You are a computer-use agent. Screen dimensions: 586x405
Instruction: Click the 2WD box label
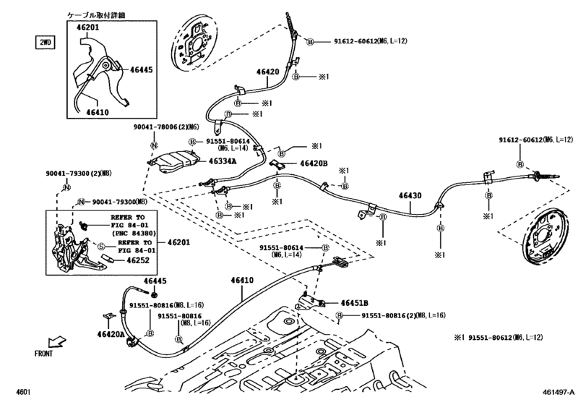(x=45, y=42)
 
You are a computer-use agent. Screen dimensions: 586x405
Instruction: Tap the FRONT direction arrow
(x=56, y=342)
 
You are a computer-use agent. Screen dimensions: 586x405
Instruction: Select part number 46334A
(x=223, y=161)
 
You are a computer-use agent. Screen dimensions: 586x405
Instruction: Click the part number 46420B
(x=314, y=163)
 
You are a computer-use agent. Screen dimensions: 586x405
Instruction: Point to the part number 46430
(x=410, y=195)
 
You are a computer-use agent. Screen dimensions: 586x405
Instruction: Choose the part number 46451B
(x=354, y=303)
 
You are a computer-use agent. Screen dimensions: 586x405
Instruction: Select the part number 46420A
(x=111, y=334)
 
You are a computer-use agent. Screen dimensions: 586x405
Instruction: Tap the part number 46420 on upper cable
(x=267, y=72)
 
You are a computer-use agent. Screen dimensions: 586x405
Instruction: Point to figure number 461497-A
(x=559, y=392)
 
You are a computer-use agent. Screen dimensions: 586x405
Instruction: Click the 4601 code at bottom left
(x=23, y=392)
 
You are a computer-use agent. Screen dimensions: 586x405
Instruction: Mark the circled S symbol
(x=101, y=247)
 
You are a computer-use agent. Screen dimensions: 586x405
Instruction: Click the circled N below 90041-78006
(x=154, y=145)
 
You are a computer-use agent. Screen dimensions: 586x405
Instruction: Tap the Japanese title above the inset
(x=96, y=15)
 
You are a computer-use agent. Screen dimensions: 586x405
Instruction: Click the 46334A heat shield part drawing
(x=173, y=161)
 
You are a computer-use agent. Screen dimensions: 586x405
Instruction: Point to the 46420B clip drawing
(x=277, y=163)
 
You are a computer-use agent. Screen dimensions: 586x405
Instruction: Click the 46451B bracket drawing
(x=310, y=300)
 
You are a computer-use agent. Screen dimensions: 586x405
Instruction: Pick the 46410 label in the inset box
(x=98, y=112)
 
